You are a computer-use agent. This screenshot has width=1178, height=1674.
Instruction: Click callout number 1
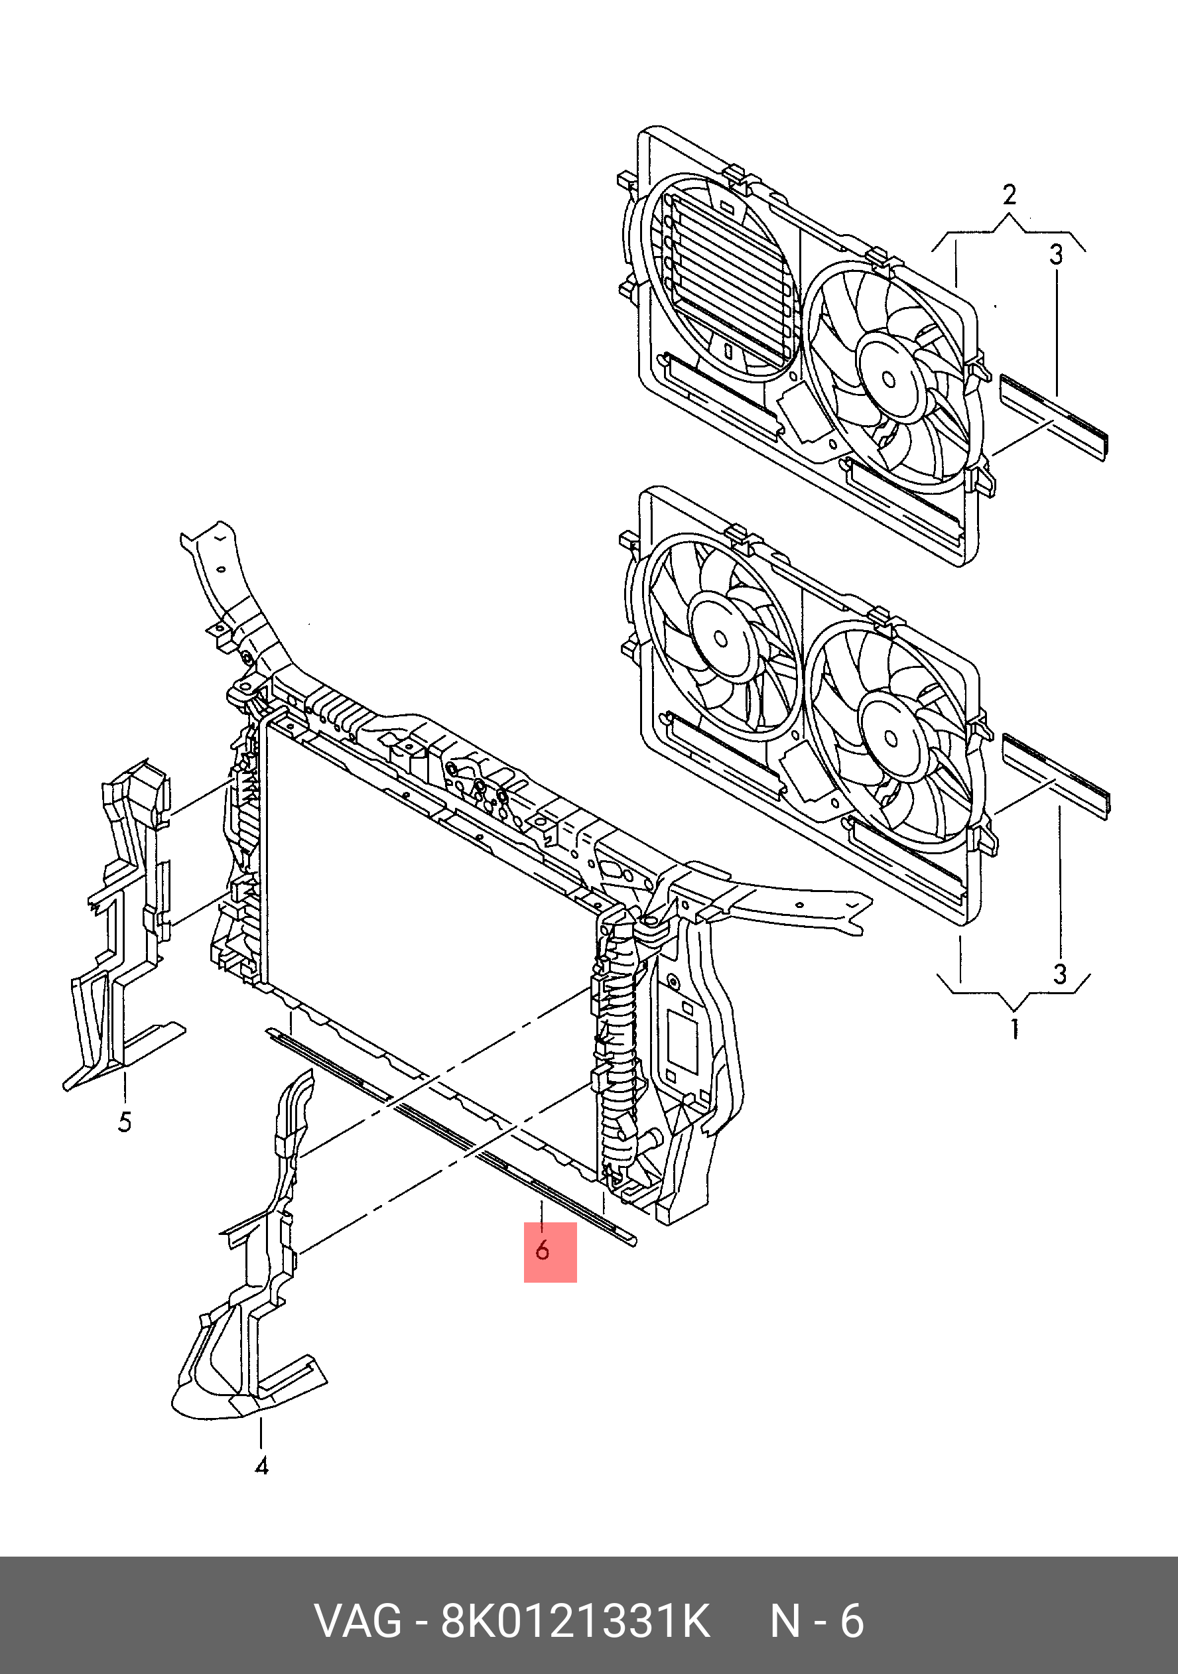click(x=1015, y=1029)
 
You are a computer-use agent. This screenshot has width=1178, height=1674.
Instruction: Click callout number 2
click(x=1010, y=195)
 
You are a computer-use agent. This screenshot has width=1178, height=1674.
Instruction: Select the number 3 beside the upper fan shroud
click(x=1056, y=255)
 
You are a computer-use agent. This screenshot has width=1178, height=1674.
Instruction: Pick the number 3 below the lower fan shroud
click(x=1060, y=974)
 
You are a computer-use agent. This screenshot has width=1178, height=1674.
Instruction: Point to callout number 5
click(x=125, y=1122)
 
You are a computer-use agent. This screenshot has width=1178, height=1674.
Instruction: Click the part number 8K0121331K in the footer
click(x=574, y=1622)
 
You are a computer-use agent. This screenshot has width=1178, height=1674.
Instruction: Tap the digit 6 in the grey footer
click(x=852, y=1622)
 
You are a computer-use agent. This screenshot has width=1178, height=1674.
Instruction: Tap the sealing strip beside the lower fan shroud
click(x=1055, y=776)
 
